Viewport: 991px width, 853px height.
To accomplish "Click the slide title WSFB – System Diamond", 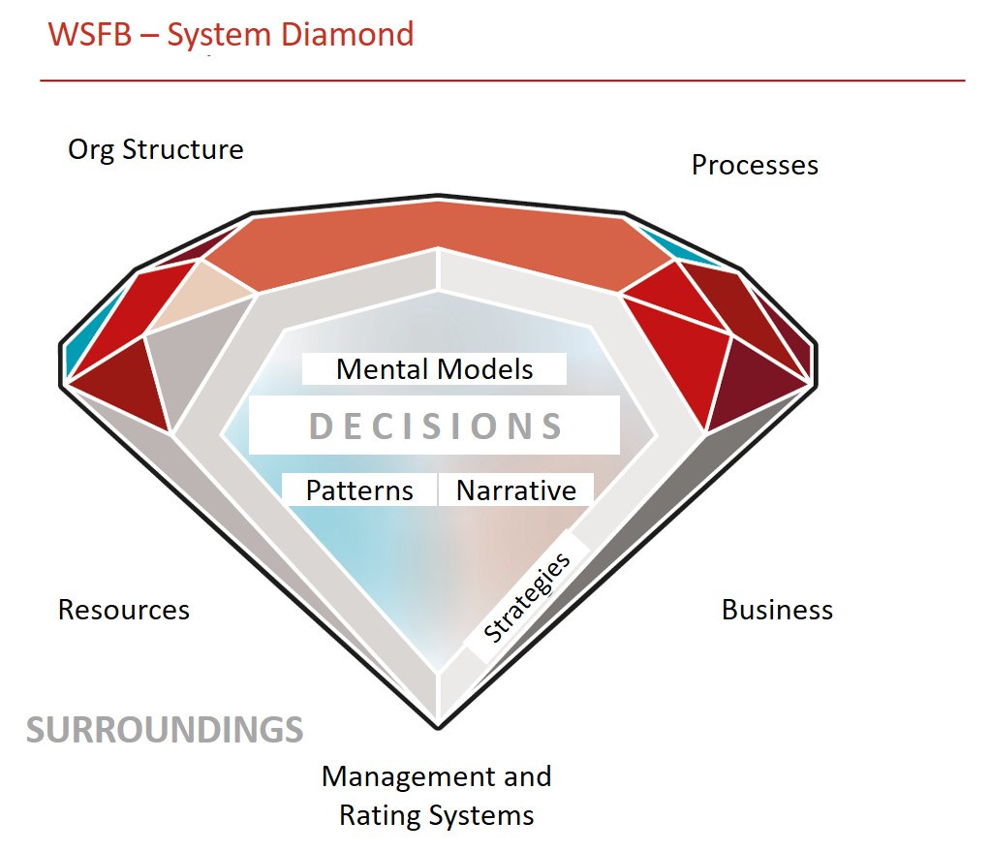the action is coord(231,35).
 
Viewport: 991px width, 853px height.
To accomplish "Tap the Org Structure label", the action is coord(155,150).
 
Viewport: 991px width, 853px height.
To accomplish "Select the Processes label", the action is coord(755,165).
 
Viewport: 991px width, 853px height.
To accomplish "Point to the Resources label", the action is coord(124,610).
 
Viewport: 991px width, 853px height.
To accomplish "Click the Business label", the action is coord(777,610).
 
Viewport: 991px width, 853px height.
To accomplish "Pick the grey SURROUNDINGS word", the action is coord(165,730).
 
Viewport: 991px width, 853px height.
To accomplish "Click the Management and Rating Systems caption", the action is coord(436,796).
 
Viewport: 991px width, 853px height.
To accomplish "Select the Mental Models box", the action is coord(434,368).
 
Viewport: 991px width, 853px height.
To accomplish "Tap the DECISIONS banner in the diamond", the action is coord(434,425).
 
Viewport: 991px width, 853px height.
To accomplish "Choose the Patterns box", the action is coord(359,490).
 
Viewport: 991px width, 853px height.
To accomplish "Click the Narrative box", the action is coord(515,490).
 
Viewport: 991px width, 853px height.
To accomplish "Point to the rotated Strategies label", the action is coord(526,597).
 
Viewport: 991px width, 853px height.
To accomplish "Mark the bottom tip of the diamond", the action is coord(437,728).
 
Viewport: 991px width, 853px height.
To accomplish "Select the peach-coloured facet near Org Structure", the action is coord(201,296).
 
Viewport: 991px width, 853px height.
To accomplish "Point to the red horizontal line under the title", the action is coord(503,80).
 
